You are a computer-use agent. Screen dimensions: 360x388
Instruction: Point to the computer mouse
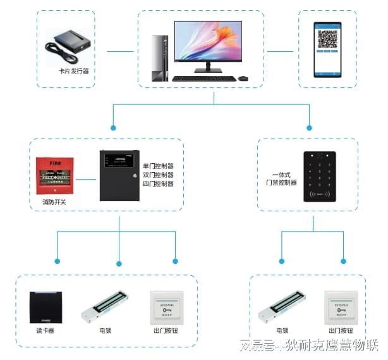point(243,78)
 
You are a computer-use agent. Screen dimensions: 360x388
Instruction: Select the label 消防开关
point(54,202)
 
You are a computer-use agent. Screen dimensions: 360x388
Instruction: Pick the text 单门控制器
point(158,166)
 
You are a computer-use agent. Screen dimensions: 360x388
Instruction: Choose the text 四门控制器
point(158,184)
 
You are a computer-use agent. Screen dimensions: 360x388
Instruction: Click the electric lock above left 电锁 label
point(105,307)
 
